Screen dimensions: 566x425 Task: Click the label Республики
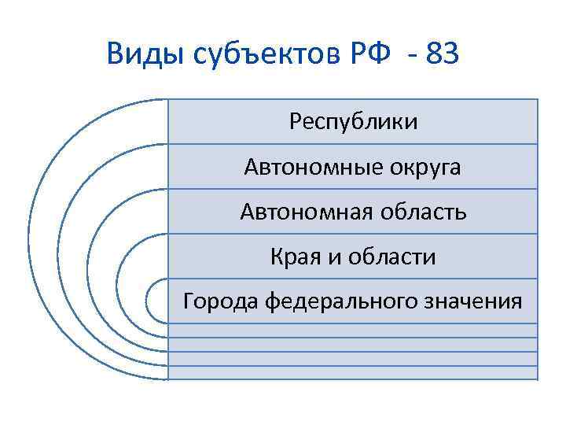(x=353, y=122)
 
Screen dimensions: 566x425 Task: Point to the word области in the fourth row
(x=391, y=257)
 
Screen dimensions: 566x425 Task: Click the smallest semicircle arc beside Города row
(x=149, y=301)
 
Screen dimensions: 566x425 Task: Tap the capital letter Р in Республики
(x=295, y=122)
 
